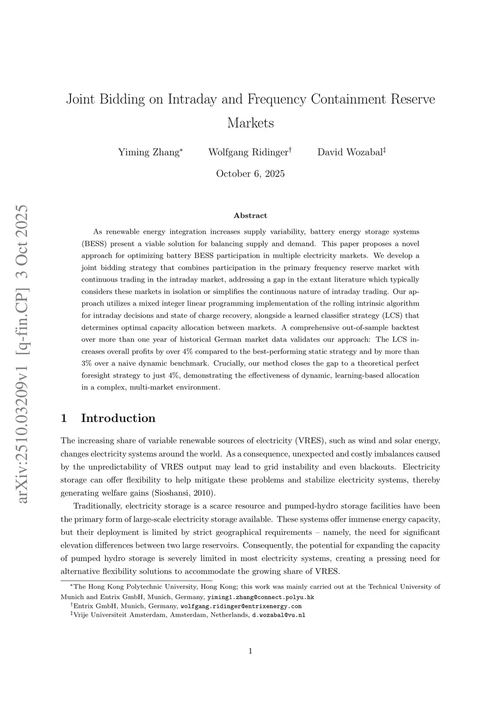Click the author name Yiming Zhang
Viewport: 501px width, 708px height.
click(149, 152)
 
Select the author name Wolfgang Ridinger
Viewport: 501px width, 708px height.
click(248, 152)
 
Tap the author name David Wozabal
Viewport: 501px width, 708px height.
click(350, 152)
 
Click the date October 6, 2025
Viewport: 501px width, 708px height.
click(250, 174)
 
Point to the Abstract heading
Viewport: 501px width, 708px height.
click(250, 216)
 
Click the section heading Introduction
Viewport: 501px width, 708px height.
click(118, 418)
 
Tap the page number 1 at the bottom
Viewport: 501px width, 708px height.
click(250, 650)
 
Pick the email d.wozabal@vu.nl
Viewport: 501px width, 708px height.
click(278, 615)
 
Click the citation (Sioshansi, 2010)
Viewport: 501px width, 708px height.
click(183, 493)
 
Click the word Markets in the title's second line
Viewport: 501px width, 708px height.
click(250, 123)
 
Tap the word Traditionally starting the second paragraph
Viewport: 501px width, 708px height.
click(96, 506)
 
